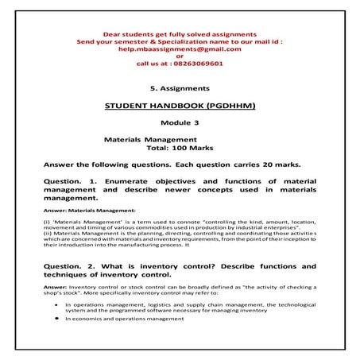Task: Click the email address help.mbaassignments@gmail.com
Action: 180,48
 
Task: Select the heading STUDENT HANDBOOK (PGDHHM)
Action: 179,106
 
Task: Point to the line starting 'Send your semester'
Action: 180,41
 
